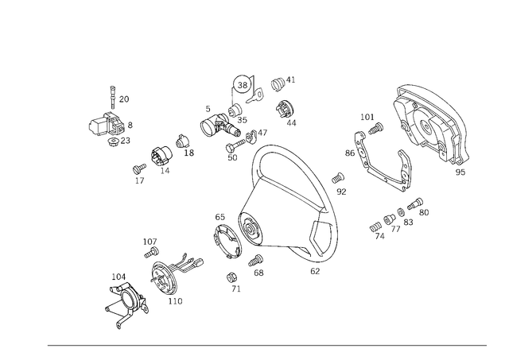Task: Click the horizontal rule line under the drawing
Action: (x=266, y=343)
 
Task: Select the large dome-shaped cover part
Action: (x=429, y=123)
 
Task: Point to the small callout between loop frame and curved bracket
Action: (x=340, y=184)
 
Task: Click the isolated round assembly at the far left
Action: (x=110, y=128)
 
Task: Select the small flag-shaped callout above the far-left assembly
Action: (x=120, y=99)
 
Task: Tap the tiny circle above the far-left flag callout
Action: (x=113, y=86)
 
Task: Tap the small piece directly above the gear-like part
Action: (x=150, y=247)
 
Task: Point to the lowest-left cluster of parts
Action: (x=126, y=300)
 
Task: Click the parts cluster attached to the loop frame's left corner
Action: (x=232, y=234)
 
